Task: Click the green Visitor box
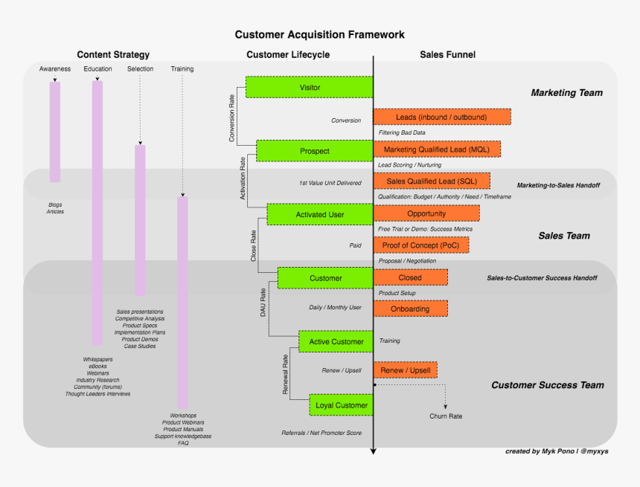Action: click(309, 88)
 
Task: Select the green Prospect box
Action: click(314, 151)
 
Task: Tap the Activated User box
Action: click(320, 215)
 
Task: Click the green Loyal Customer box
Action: click(341, 405)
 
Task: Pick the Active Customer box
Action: click(336, 342)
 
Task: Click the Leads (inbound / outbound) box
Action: click(441, 117)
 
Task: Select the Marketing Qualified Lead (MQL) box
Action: click(437, 149)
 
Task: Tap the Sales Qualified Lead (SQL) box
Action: click(432, 181)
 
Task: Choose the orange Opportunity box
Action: click(426, 213)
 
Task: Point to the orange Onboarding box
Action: click(411, 309)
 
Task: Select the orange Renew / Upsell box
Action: click(405, 370)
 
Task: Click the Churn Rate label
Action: click(446, 416)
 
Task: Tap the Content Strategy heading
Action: click(113, 54)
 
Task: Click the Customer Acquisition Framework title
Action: click(320, 34)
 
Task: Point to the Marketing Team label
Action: click(566, 93)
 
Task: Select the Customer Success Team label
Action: click(547, 385)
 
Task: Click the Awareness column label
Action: click(55, 69)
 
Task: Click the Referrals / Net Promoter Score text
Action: click(321, 433)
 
